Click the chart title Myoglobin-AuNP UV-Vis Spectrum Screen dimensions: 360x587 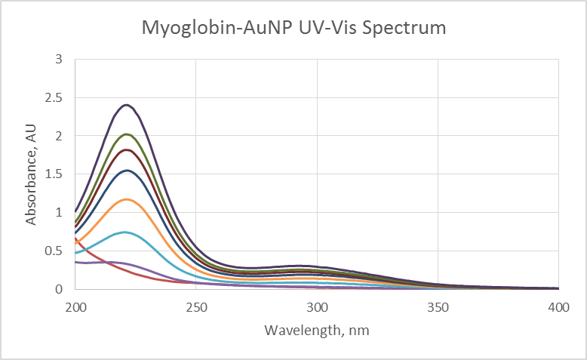293,29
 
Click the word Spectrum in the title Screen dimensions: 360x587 407,29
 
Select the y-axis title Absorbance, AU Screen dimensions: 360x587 31,174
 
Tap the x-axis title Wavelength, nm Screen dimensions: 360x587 316,330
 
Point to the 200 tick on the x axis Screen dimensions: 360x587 75,307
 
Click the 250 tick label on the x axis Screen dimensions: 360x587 196,307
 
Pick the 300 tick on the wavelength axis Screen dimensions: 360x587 317,307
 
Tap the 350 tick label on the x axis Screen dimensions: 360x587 438,307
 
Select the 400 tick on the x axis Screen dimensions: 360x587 558,307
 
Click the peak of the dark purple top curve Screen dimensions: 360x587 126,105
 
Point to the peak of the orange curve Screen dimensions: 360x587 126,199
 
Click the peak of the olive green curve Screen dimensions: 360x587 126,134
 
